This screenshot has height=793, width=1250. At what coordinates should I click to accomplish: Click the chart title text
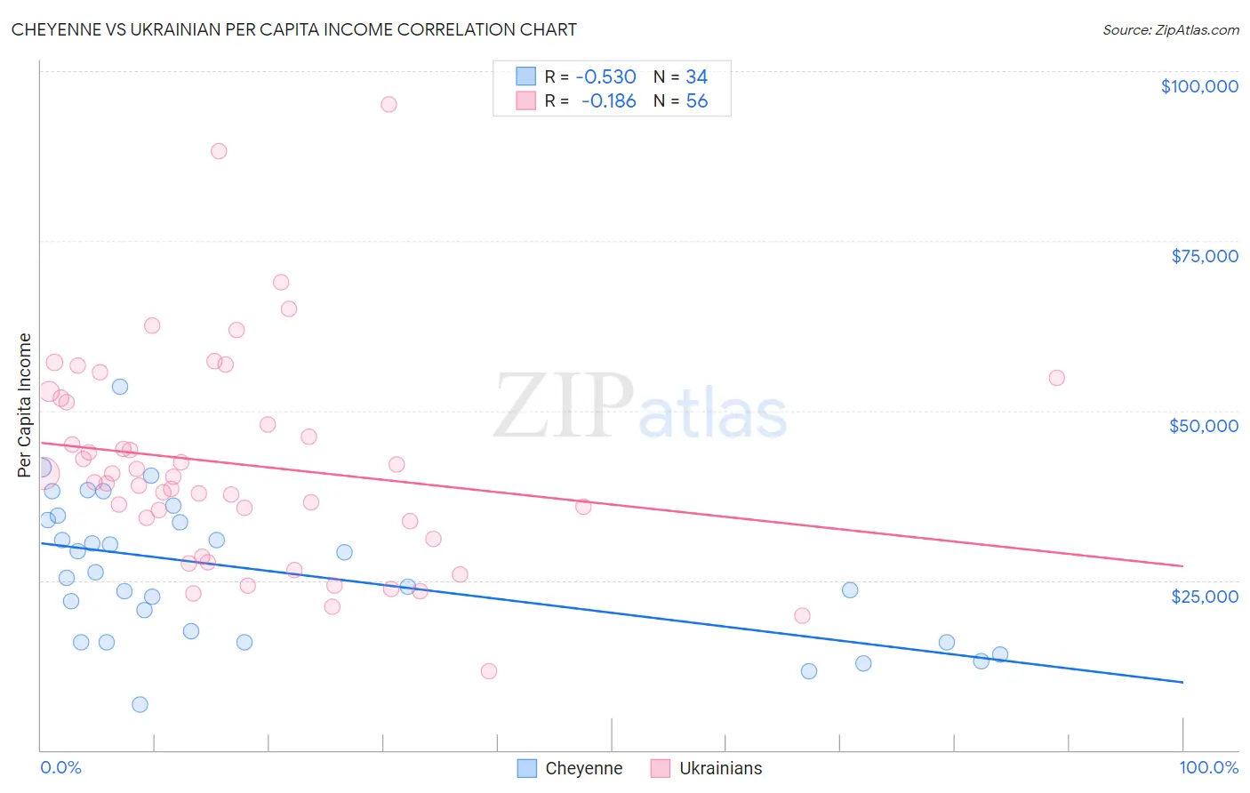(x=293, y=29)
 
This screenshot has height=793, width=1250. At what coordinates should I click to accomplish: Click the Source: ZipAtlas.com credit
(x=1170, y=29)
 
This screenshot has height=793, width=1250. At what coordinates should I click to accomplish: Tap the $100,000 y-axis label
(x=1199, y=86)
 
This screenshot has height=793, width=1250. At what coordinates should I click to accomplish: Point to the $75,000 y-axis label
(x=1205, y=256)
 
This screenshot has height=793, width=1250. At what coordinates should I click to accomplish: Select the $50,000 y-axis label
(x=1204, y=426)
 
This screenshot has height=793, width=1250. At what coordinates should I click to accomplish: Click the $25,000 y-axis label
(x=1205, y=596)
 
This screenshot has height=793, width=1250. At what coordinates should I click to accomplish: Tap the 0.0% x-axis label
(x=60, y=767)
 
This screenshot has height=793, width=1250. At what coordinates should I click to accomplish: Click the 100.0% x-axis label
(x=1208, y=767)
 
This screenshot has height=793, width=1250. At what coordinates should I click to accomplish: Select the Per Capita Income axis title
(x=25, y=405)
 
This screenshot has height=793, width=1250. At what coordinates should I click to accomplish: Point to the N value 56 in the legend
(x=697, y=101)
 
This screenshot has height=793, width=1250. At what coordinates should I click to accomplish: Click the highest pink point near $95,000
(x=389, y=104)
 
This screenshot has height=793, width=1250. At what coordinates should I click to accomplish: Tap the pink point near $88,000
(x=219, y=151)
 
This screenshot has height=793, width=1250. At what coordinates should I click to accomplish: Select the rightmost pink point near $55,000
(x=1056, y=378)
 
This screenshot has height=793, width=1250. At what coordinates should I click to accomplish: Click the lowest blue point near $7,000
(x=140, y=704)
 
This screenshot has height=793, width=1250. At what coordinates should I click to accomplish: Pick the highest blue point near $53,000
(x=120, y=387)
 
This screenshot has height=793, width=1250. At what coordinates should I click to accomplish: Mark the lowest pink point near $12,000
(x=488, y=671)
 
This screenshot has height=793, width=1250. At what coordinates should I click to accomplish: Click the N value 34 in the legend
(x=697, y=77)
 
